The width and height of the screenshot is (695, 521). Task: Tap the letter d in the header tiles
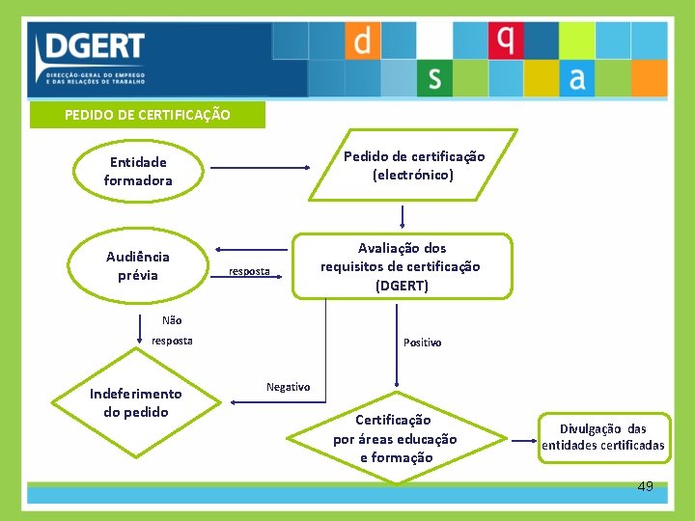[362, 41]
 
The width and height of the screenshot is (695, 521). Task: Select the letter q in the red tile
[505, 41]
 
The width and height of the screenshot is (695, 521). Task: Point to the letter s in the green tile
[434, 78]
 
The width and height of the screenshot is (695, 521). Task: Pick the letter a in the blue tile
[577, 78]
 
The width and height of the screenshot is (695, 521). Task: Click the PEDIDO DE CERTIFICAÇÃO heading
[147, 115]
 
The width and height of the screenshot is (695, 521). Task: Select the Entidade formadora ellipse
[138, 172]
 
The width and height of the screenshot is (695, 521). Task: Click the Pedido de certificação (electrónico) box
[414, 166]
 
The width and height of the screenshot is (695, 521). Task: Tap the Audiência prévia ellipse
[138, 266]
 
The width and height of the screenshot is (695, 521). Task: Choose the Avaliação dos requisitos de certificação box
[400, 267]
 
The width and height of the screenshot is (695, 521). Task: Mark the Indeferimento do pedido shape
[135, 403]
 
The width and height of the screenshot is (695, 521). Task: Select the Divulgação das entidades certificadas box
[603, 437]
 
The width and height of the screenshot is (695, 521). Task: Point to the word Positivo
[422, 343]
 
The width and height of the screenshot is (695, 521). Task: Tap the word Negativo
[288, 387]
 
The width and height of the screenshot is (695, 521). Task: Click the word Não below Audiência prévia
[172, 320]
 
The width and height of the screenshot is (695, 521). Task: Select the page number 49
[645, 486]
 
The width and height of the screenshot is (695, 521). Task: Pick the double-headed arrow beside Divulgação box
[524, 441]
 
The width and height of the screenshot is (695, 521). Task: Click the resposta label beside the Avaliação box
[249, 271]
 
